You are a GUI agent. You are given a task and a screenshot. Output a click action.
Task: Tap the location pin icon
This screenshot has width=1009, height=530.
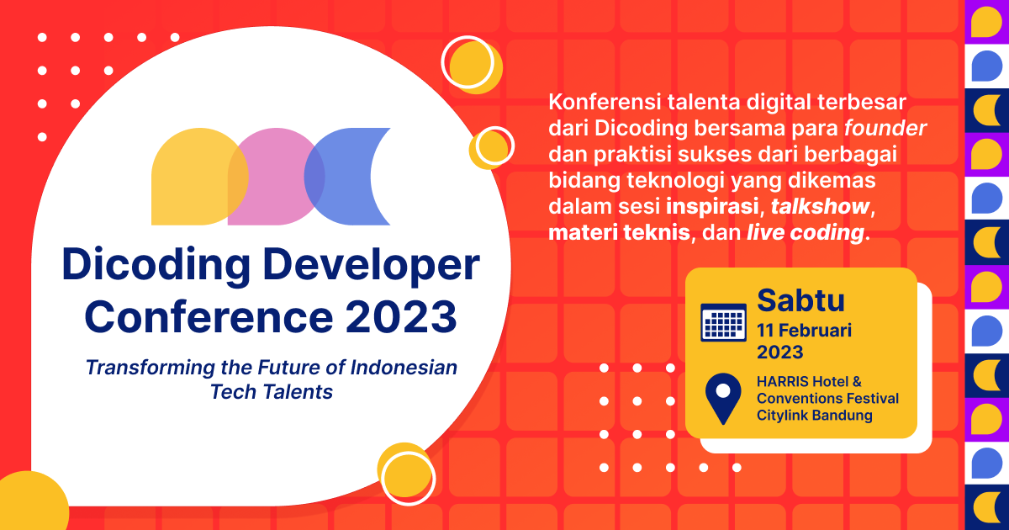tap(722, 398)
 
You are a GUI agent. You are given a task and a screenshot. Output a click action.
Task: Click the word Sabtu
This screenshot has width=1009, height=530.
tap(800, 299)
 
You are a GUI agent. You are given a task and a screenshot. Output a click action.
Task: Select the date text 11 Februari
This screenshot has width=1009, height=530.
tap(804, 330)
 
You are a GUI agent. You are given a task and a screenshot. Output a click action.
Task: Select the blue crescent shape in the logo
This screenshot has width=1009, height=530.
tap(341, 177)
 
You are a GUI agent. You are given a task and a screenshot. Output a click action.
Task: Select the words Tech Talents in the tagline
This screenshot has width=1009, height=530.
tap(271, 392)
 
